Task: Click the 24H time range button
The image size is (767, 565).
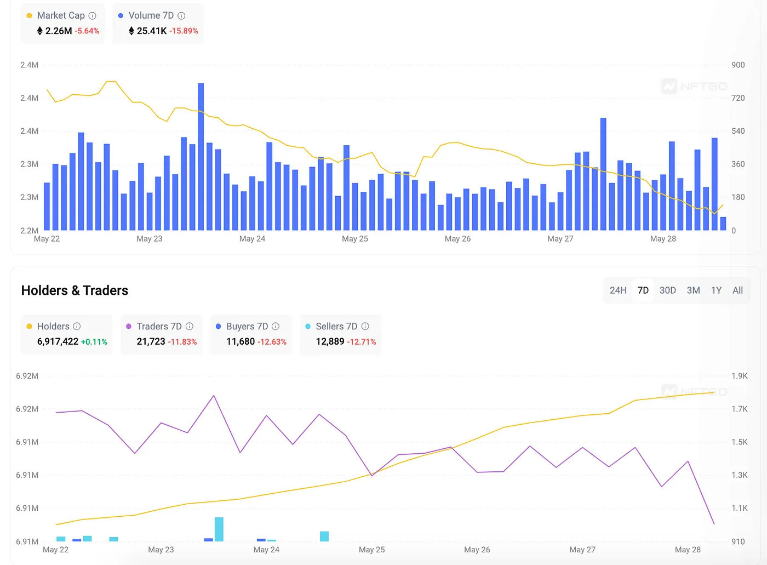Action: (x=618, y=290)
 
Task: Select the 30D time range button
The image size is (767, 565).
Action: (x=667, y=290)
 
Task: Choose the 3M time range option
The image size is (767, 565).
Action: (x=693, y=290)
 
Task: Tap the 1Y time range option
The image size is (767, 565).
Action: (x=716, y=290)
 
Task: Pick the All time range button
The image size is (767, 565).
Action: (x=737, y=290)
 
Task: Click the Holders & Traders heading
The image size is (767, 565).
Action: (x=75, y=290)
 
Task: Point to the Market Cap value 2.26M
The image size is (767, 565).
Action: (x=59, y=31)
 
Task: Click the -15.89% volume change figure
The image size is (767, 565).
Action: (x=184, y=31)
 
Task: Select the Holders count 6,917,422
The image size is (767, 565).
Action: (x=58, y=341)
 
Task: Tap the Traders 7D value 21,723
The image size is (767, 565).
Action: (x=151, y=341)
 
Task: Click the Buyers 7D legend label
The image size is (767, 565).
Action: (x=247, y=327)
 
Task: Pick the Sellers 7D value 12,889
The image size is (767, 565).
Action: (x=330, y=341)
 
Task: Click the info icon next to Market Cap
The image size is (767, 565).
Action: (x=93, y=16)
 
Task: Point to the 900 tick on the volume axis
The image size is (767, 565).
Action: (x=738, y=65)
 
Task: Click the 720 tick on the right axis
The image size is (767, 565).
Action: (x=738, y=98)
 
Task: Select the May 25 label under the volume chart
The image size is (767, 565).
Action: (x=355, y=239)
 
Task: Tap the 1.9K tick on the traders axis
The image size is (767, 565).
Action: (x=739, y=376)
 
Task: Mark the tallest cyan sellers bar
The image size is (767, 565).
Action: (x=219, y=529)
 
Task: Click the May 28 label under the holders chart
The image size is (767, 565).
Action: (x=688, y=550)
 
